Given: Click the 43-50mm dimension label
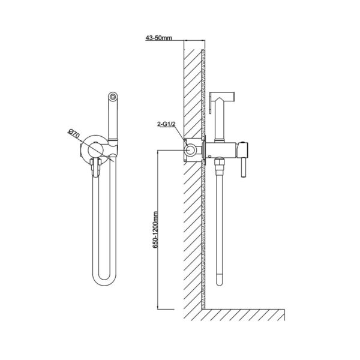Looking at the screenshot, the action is click(x=158, y=38).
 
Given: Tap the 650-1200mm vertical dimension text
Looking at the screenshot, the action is click(x=155, y=230).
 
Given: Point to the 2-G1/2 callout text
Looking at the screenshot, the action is click(x=166, y=124).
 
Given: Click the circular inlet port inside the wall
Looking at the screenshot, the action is click(x=190, y=150).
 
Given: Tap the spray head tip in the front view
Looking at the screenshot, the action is click(x=113, y=96).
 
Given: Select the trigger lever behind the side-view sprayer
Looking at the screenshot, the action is click(x=211, y=103).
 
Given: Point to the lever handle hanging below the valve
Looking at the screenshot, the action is click(x=244, y=167).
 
